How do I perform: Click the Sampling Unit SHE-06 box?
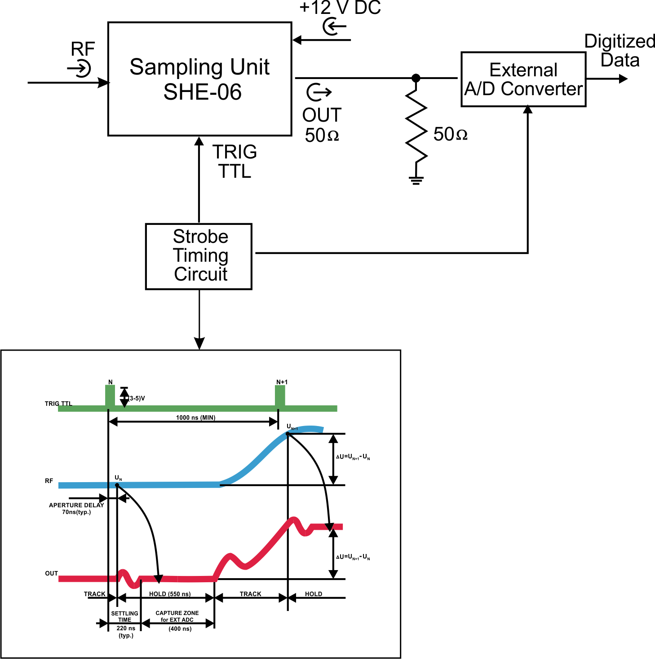(x=200, y=79)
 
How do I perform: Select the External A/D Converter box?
(x=523, y=79)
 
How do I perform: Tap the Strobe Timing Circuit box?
(x=199, y=256)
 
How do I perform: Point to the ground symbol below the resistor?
(x=416, y=180)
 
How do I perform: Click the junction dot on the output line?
(x=416, y=78)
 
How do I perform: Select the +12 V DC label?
(x=340, y=8)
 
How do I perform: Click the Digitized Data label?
(x=620, y=50)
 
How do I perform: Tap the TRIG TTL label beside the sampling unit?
(x=235, y=162)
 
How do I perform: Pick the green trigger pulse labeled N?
(x=110, y=395)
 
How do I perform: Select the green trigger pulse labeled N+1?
(x=280, y=395)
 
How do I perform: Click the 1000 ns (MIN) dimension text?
(x=195, y=417)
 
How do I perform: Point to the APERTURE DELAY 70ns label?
(x=76, y=508)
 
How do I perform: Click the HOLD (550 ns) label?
(x=170, y=594)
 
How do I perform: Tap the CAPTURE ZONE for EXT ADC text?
(x=177, y=616)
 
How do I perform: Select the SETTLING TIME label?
(x=124, y=616)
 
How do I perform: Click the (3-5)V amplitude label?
(x=137, y=398)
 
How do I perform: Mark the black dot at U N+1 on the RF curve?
(x=288, y=434)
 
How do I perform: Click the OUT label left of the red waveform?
(x=51, y=573)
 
